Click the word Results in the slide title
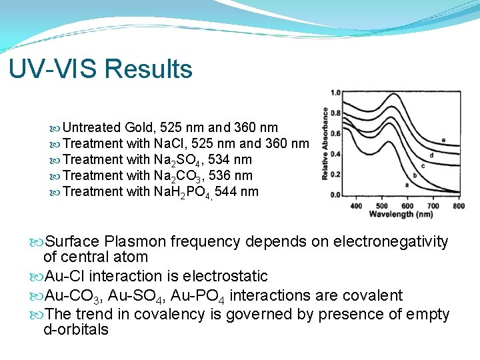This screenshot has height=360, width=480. point(148,69)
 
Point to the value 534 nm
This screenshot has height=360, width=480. point(229,159)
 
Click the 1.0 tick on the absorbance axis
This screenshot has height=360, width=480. point(335,92)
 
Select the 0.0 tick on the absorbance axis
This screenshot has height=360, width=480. point(335,195)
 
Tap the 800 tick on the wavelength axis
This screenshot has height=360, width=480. point(458,205)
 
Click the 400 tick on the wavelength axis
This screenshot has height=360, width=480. point(357,205)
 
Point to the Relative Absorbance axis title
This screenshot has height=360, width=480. point(325,143)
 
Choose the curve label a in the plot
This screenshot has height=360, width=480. point(407,184)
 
